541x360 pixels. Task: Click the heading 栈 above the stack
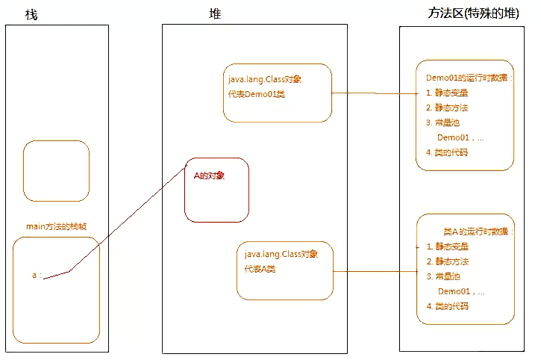pos(31,15)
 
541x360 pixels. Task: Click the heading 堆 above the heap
pos(215,14)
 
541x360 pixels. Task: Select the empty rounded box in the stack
pos(56,171)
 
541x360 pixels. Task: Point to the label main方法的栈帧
pos(55,226)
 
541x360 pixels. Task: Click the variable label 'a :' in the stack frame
pos(36,276)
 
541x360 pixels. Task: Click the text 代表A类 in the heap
pos(260,269)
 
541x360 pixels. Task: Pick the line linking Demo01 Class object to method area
pos(373,93)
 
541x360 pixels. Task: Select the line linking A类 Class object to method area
pos(373,272)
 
